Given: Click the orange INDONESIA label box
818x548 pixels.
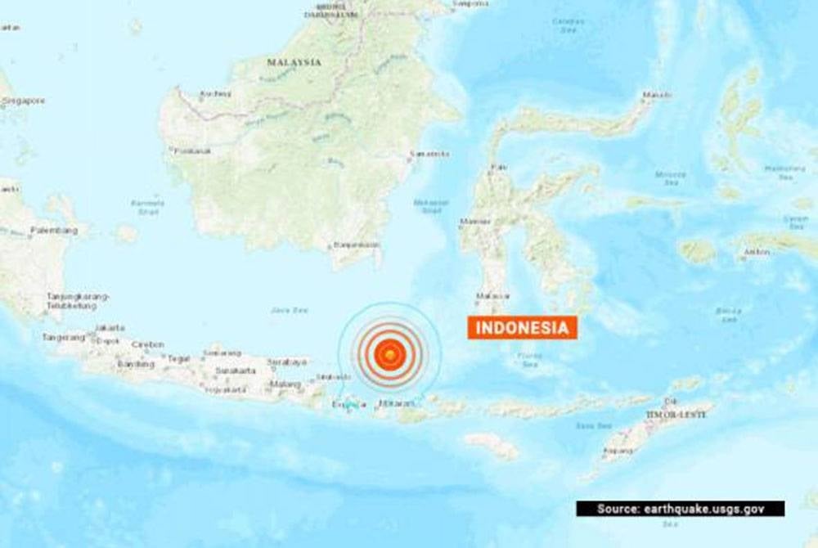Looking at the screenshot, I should click(523, 328).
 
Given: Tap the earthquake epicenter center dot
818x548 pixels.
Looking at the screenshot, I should click(391, 353).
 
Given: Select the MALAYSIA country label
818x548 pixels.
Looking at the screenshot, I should click(294, 62).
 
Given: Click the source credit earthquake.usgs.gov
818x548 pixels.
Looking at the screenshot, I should click(681, 509).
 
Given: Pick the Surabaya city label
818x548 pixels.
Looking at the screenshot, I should click(286, 362).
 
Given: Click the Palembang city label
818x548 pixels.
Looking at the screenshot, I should click(54, 231).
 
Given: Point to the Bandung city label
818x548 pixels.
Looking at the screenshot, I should click(136, 364).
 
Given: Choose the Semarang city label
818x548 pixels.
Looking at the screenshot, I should click(222, 353).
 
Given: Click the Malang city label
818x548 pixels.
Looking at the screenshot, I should click(285, 384).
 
